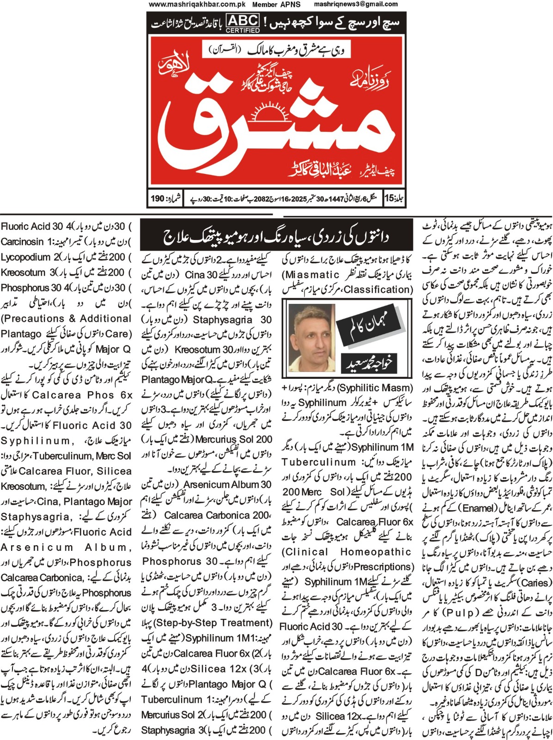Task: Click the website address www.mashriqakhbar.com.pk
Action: click(x=197, y=4)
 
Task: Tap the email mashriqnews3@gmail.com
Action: click(x=356, y=4)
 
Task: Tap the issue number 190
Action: click(x=158, y=199)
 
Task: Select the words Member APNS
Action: click(x=276, y=4)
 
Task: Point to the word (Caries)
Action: click(x=535, y=583)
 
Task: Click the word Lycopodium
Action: click(x=25, y=257)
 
